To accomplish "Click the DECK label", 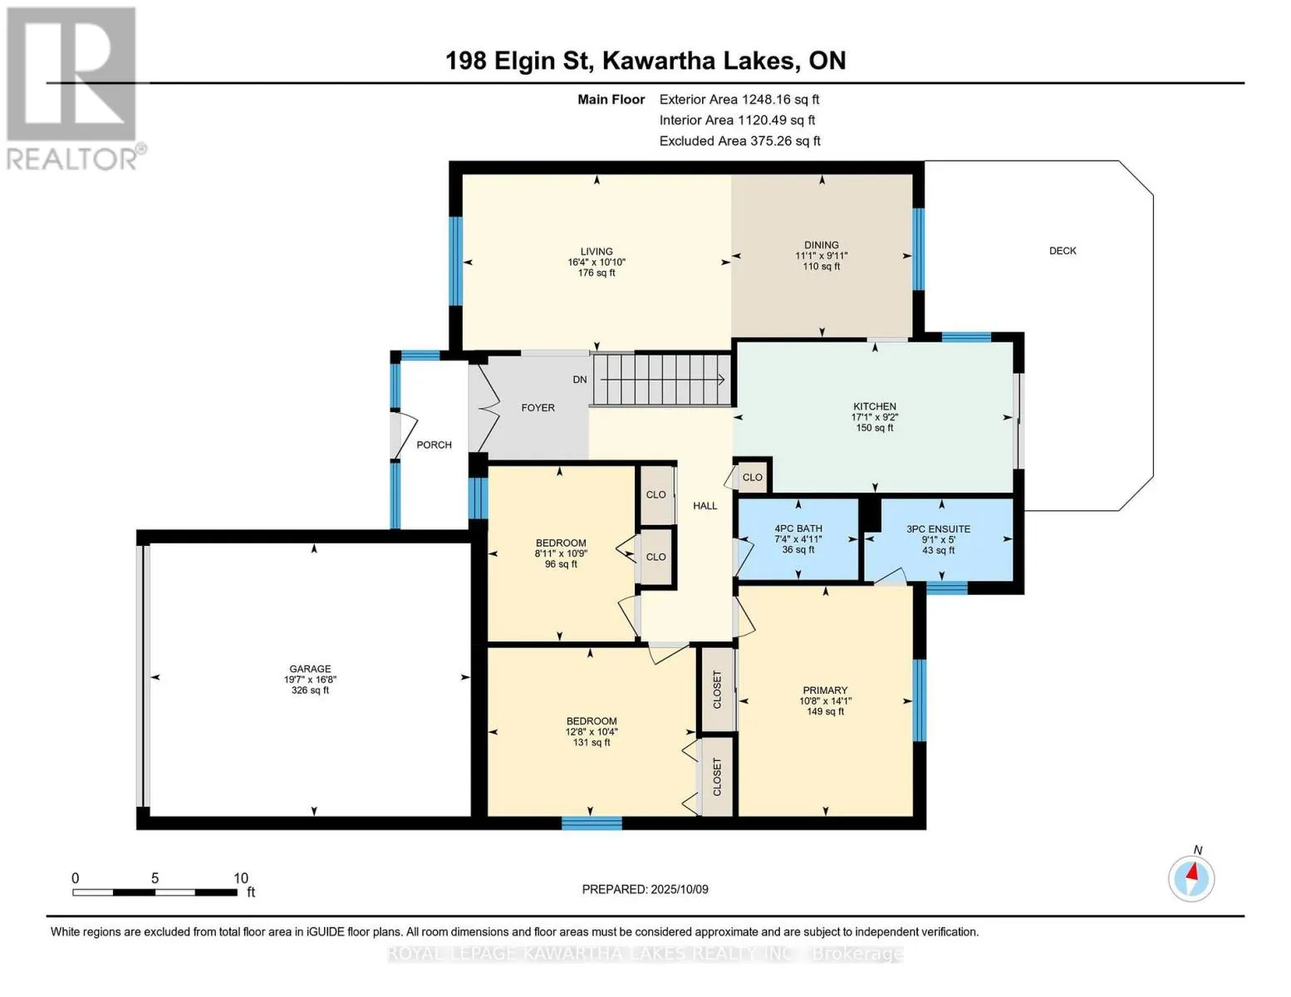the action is [x=1063, y=251].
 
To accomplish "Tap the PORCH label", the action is [x=434, y=445].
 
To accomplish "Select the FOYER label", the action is [x=538, y=408].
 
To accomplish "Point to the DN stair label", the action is [x=580, y=380].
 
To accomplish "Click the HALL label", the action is [x=704, y=506].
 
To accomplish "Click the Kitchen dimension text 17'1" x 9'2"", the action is [x=875, y=417].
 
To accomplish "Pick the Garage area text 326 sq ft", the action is [x=310, y=690].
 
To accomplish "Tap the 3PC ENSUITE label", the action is [x=938, y=528].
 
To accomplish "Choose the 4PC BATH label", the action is [x=798, y=528].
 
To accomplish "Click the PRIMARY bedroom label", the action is [x=825, y=690].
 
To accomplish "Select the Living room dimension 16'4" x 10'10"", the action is [x=596, y=262].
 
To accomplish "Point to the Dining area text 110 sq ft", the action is [x=822, y=266].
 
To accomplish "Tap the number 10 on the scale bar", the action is [x=241, y=878].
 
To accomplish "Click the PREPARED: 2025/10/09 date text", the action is [x=645, y=890].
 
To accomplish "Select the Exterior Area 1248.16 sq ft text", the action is [x=739, y=99].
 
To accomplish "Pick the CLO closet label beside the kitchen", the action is [x=752, y=477].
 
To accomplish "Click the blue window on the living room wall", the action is [x=456, y=261].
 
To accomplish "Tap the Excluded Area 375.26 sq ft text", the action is [x=739, y=140].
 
